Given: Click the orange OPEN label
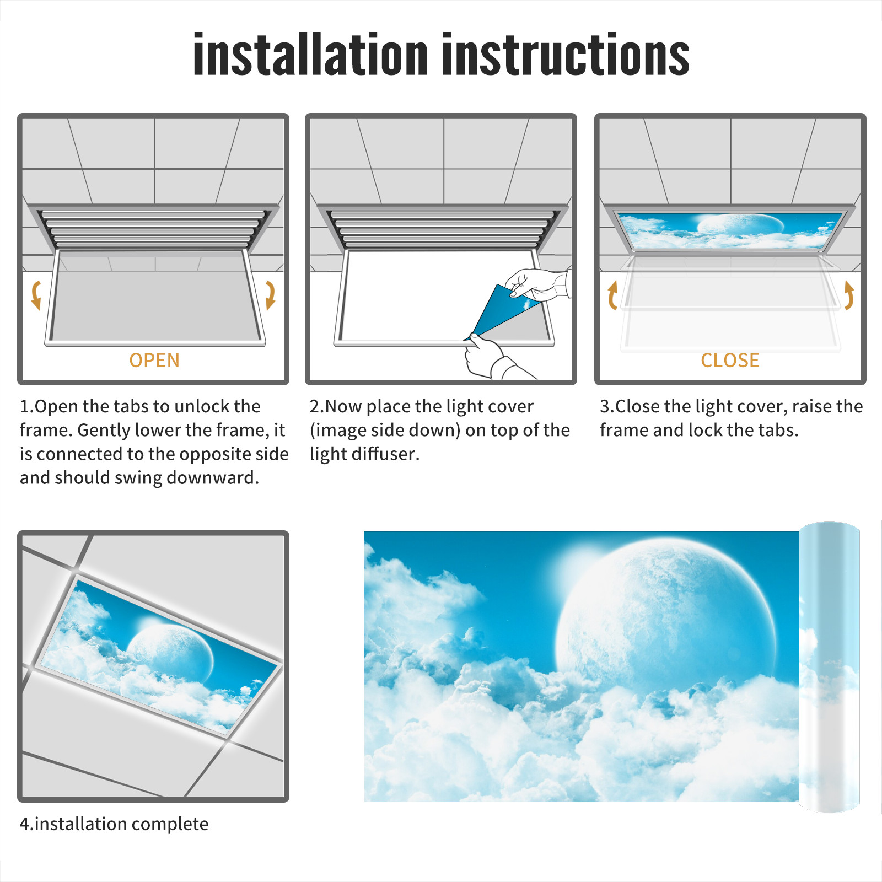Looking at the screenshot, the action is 154,361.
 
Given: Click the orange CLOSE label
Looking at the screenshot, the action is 730,361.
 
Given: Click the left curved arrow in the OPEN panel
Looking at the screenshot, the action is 35,295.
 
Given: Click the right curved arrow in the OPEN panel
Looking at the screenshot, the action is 270,295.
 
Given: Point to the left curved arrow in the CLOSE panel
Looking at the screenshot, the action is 612,295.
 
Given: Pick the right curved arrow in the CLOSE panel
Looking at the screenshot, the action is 849,295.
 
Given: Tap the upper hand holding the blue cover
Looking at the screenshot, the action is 537,284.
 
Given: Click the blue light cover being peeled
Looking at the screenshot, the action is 503,310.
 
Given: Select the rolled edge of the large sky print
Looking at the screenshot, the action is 829,666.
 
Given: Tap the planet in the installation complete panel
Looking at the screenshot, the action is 170,651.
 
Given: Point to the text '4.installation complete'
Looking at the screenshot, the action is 114,824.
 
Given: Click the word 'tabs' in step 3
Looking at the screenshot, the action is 778,430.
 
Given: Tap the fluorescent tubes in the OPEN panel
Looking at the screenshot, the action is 153,229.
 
